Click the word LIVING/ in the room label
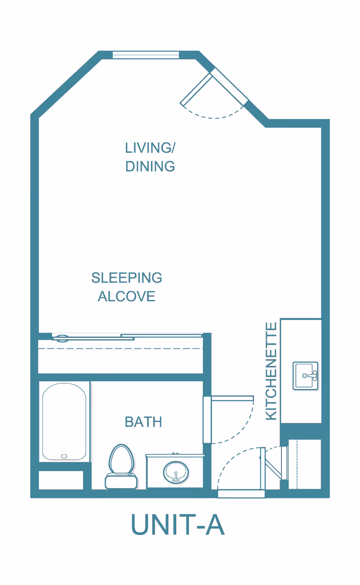[x=150, y=148]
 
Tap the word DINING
[x=150, y=166]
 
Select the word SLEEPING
[x=127, y=278]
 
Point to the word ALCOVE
[x=127, y=296]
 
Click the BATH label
[x=143, y=422]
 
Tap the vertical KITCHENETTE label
[x=271, y=371]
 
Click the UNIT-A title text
[x=178, y=525]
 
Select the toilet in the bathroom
[x=121, y=467]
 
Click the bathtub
[x=64, y=422]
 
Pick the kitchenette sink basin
[x=305, y=376]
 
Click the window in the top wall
[x=145, y=55]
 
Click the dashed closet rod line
[x=120, y=349]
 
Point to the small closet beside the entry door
[x=304, y=464]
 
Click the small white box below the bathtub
[x=61, y=480]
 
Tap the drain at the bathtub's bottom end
[x=64, y=456]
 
